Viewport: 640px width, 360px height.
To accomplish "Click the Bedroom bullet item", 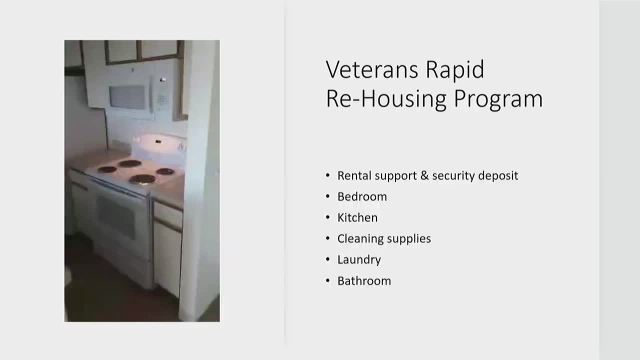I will tap(362, 196).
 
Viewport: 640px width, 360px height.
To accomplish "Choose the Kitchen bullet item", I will tap(357, 217).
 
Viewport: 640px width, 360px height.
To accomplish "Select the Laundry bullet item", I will tap(359, 259).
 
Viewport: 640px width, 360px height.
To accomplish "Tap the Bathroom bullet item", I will tap(364, 280).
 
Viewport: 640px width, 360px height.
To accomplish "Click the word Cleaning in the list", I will tap(358, 238).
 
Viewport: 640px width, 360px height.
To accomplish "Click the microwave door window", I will tap(127, 97).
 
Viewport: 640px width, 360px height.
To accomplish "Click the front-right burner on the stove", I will tap(142, 179).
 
